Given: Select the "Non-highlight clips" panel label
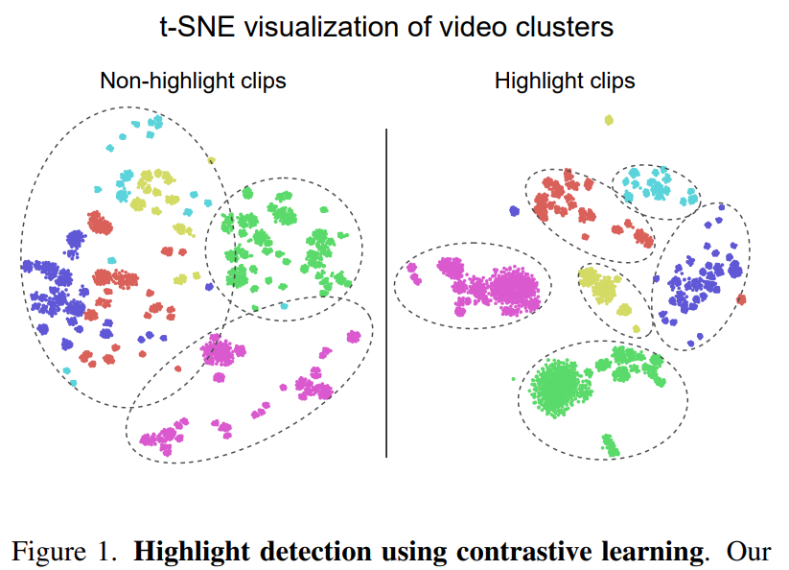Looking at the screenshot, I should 193,81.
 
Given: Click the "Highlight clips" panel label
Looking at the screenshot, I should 565,81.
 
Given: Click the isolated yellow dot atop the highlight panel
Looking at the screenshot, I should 609,120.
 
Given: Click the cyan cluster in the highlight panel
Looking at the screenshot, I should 653,185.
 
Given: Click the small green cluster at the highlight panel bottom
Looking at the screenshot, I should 610,444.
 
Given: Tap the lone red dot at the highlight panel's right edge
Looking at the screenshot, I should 741,298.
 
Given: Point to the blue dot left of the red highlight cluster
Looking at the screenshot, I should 515,210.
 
